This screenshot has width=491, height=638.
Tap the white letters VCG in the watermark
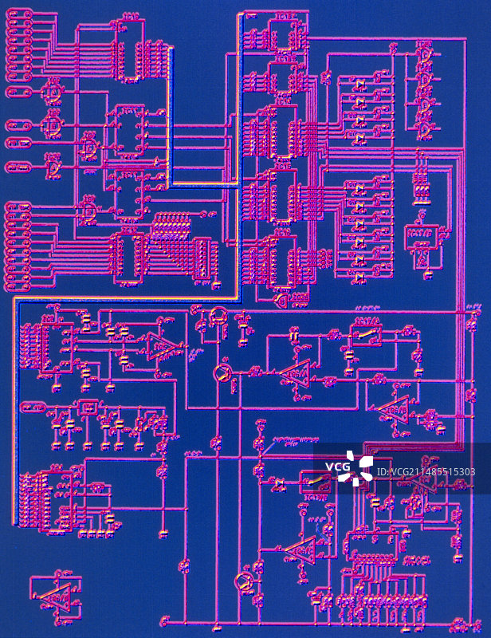coord(338,467)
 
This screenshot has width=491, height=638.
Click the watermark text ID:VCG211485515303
coord(426,472)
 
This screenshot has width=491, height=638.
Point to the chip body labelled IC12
coord(127,258)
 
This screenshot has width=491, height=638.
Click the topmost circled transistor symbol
coord(218,316)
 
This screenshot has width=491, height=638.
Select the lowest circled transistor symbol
coord(244,582)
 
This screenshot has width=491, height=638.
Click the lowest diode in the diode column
coord(358,278)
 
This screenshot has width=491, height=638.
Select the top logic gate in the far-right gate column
coord(426,56)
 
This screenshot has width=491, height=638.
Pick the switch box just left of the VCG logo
coord(312,482)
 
